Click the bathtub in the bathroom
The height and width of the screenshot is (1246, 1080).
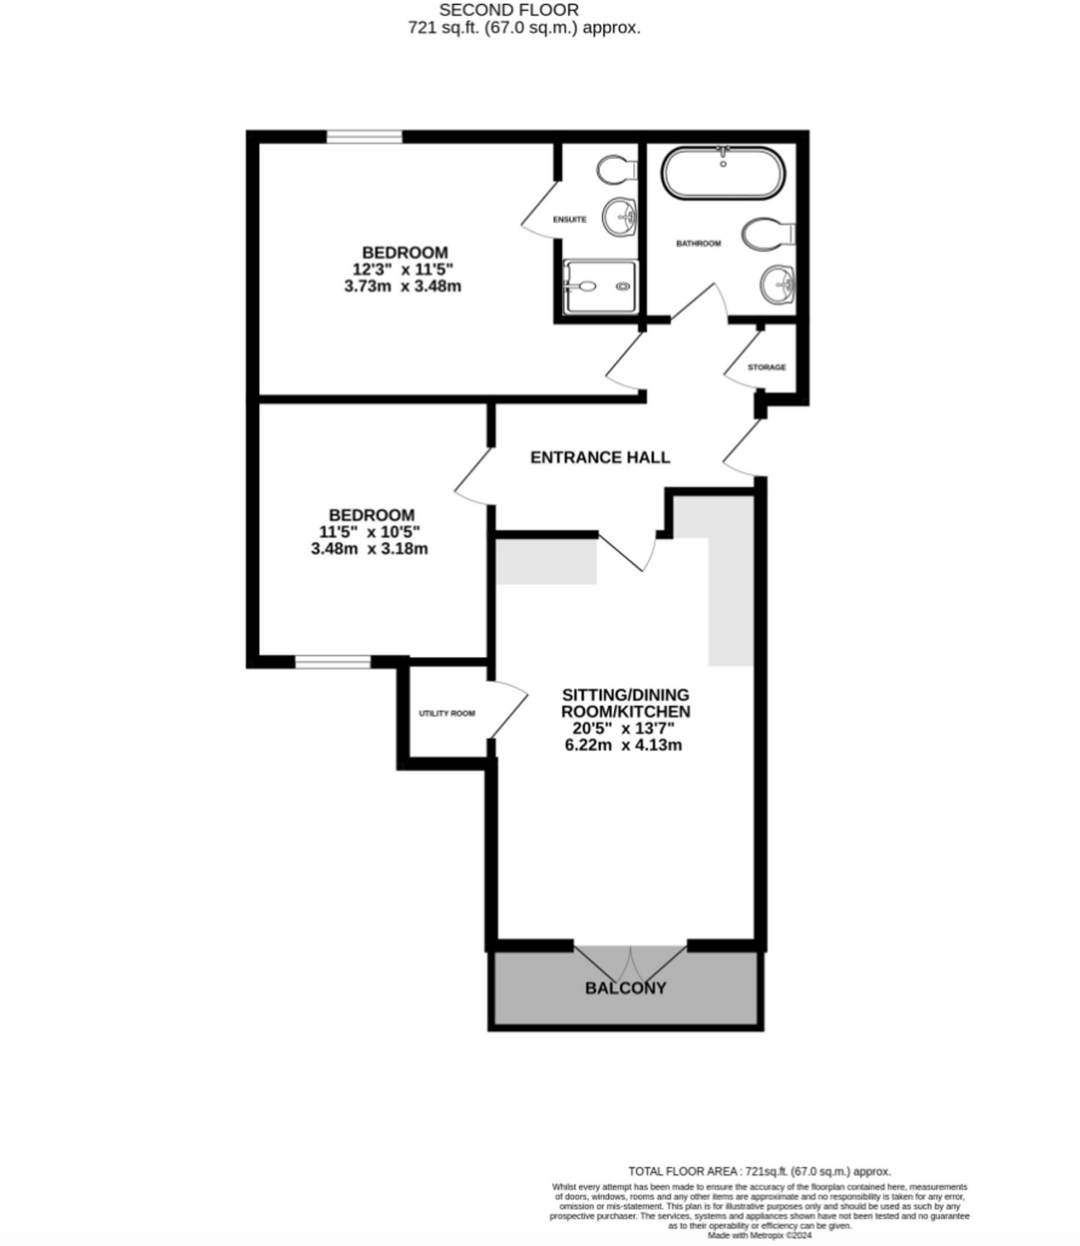[x=723, y=173]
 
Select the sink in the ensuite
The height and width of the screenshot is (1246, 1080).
[x=619, y=216]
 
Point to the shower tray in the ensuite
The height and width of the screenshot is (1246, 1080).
[x=600, y=287]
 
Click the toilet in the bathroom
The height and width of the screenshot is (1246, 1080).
[x=766, y=234]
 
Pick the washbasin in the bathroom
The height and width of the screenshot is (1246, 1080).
[x=778, y=284]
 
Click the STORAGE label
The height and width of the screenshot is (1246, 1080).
[x=766, y=367]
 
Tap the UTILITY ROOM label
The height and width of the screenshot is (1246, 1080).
[x=447, y=713]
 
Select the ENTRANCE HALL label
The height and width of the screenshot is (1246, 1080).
[x=600, y=458]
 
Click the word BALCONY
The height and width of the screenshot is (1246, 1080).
[x=625, y=988]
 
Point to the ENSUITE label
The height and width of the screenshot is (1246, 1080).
[x=570, y=220]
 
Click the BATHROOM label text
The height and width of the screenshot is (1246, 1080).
[x=699, y=243]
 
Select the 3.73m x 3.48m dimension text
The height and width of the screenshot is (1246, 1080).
[x=402, y=286]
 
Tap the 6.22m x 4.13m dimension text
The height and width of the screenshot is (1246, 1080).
[x=623, y=745]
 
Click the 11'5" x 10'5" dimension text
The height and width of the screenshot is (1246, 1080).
[x=369, y=532]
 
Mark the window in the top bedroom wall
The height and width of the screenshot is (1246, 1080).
[x=364, y=137]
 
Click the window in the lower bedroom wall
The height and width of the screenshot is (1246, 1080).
[x=333, y=662]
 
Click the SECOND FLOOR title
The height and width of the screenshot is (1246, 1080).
[x=509, y=10]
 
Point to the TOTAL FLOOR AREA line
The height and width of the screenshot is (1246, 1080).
[x=759, y=1171]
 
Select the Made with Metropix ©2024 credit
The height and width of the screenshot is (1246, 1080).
[x=759, y=1236]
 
